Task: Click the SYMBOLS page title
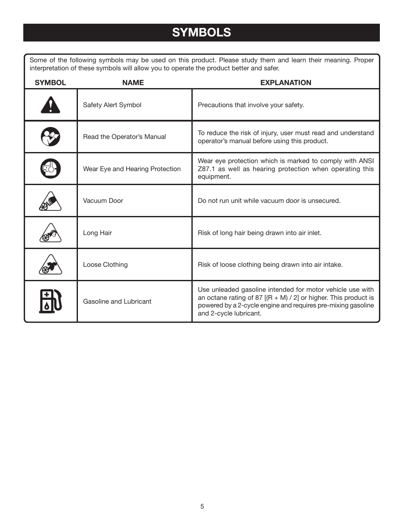coord(202,33)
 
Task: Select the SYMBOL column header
coord(50,83)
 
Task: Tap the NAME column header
coord(133,83)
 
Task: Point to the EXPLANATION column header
coord(285,83)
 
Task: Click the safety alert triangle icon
coord(50,105)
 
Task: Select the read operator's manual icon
coord(50,137)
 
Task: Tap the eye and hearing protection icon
coord(50,169)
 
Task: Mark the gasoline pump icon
coord(50,301)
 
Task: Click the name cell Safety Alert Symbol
coord(112,105)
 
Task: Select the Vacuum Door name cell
coord(103,201)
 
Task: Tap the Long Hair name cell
coord(97,233)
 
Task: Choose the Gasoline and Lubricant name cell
coord(117,302)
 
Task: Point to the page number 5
coord(202,506)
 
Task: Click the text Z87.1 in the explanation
coord(206,169)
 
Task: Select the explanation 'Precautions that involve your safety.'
coord(251,105)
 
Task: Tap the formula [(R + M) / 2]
coord(282,298)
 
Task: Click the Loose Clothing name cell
coord(105,265)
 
